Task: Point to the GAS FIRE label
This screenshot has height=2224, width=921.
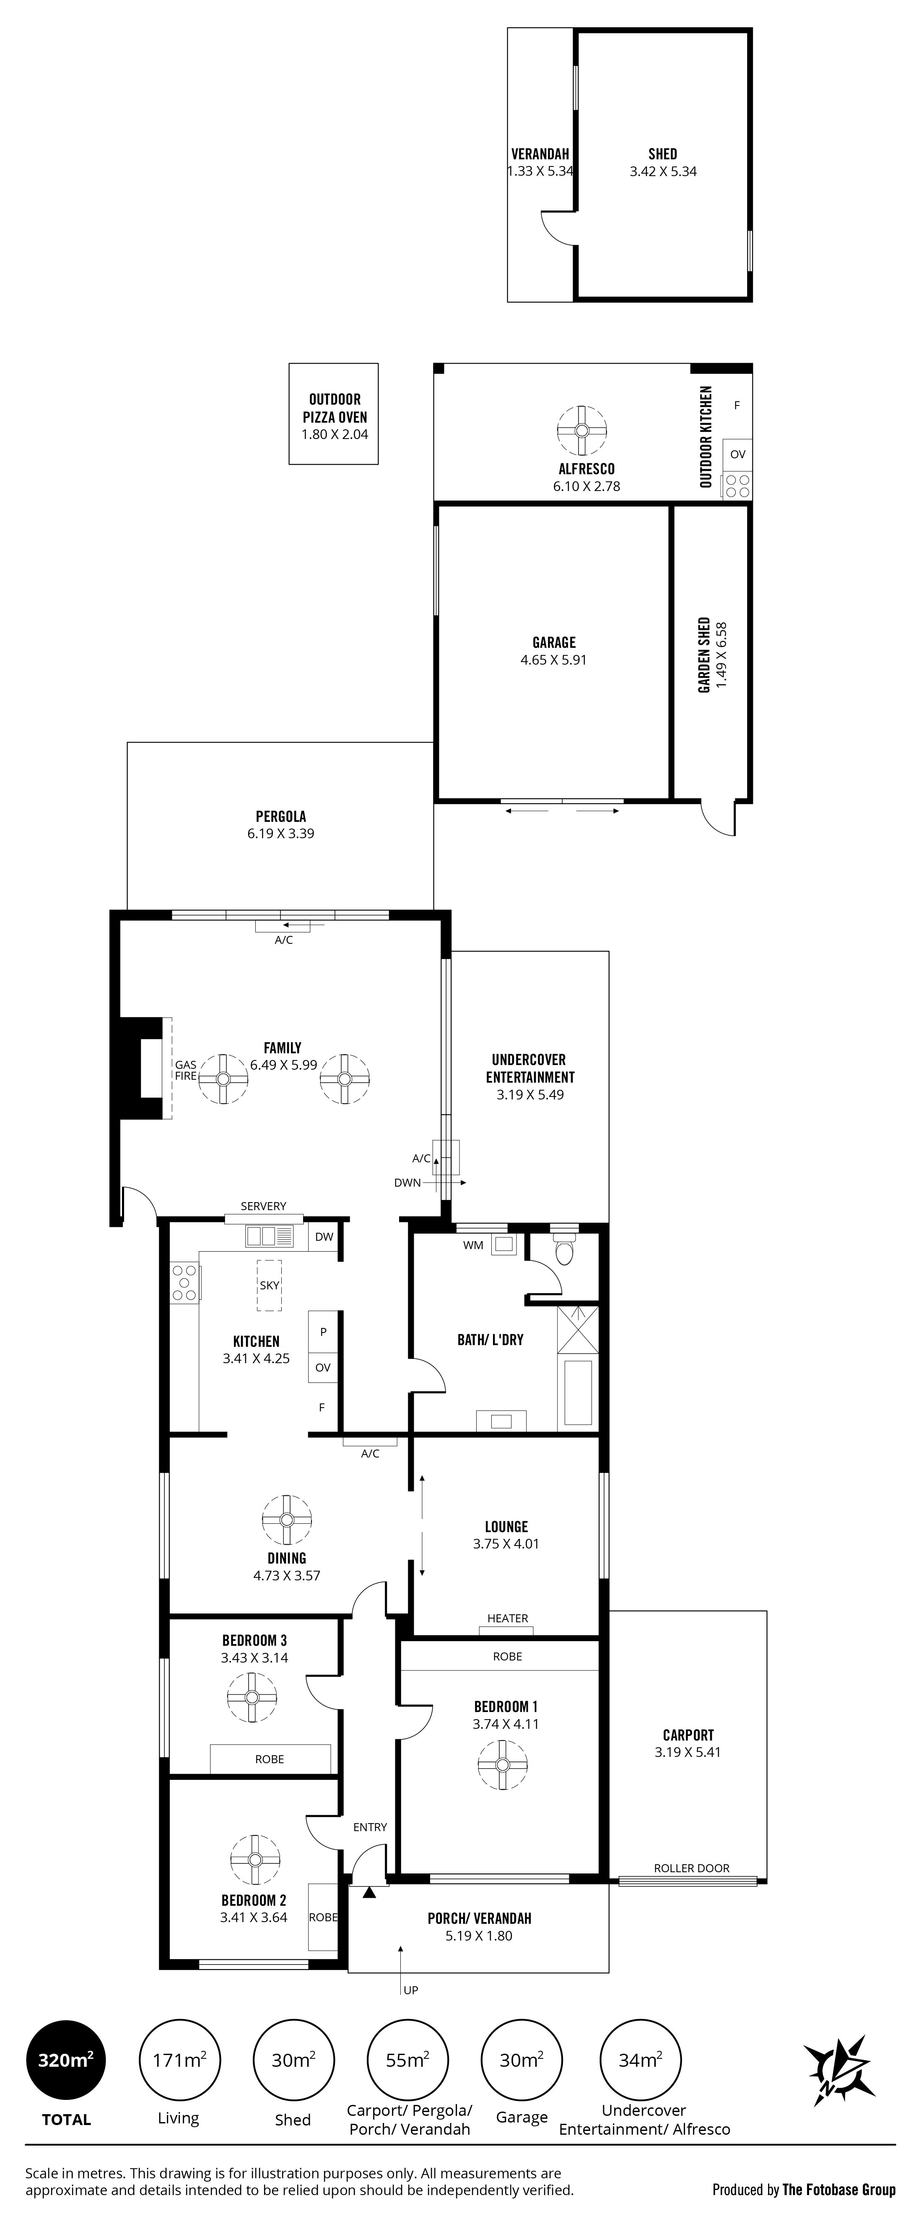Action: coord(186,1070)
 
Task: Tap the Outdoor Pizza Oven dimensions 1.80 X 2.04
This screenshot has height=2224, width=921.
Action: coord(334,434)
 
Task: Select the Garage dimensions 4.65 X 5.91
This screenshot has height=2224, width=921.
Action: coord(553,660)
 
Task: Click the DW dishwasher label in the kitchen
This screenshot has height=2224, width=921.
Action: coord(324,1236)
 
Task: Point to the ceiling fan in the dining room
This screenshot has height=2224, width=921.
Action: coord(287,1520)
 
